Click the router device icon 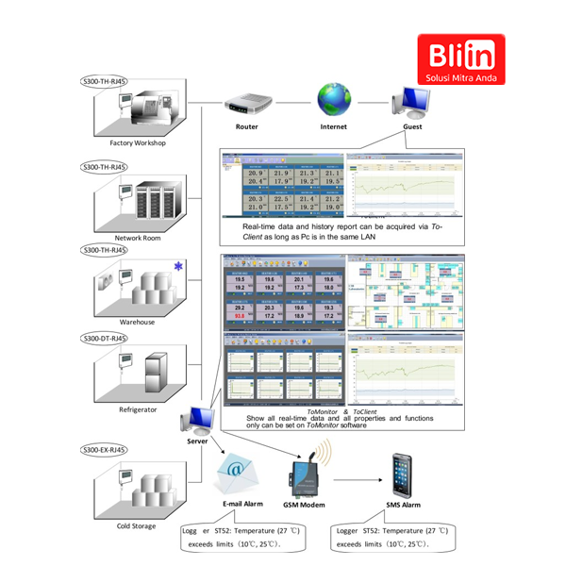coord(246,100)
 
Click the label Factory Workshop coord(138,143)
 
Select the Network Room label coord(138,238)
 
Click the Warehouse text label coord(138,322)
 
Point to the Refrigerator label coord(138,409)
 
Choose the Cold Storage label coord(138,526)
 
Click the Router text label coord(246,126)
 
